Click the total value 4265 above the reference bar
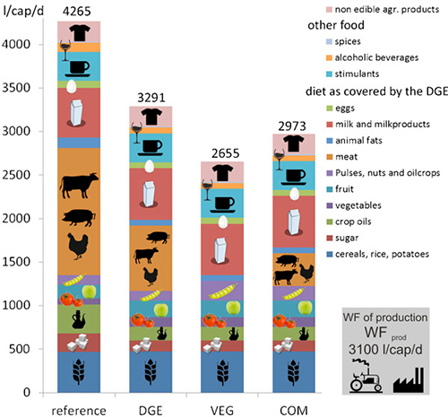(x=77, y=12)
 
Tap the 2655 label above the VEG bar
(x=226, y=153)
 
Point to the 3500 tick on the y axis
(x=16, y=88)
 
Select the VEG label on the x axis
(x=222, y=410)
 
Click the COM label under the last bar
(x=294, y=410)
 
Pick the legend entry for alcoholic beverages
(x=372, y=57)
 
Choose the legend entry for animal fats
(x=354, y=140)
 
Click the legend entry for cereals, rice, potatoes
(x=377, y=254)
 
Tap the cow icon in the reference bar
(x=79, y=185)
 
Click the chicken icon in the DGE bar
(x=151, y=276)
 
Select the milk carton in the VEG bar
(x=220, y=250)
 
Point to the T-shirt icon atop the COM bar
(x=294, y=143)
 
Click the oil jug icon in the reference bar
(x=79, y=319)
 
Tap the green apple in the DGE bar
(x=161, y=310)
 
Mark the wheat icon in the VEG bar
(x=222, y=371)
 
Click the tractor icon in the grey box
(x=366, y=376)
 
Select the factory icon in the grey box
(x=409, y=380)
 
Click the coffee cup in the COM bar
(x=294, y=178)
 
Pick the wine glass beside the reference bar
(x=65, y=50)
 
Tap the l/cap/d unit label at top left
(x=23, y=12)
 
